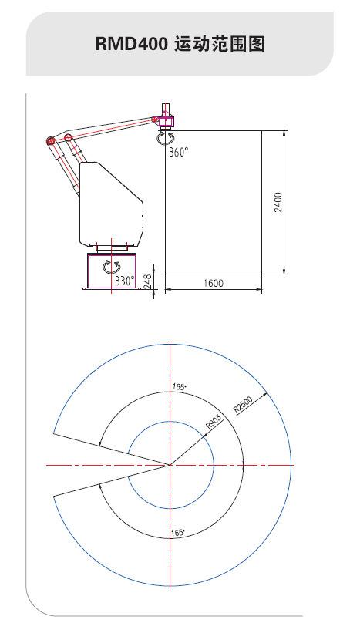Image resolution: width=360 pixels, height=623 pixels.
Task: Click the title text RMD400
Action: pos(131,44)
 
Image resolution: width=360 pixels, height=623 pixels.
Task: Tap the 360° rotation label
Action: pos(178,152)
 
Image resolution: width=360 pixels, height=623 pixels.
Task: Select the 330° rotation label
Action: pos(125,281)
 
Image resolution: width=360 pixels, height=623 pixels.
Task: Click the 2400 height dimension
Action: pos(278,202)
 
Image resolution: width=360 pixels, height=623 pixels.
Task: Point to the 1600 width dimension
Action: pos(214,283)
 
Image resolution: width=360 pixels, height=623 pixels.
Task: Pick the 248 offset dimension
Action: pos(147,281)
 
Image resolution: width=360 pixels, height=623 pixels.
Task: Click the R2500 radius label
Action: pos(243,405)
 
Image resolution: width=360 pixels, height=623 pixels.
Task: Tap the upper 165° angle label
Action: pos(179,386)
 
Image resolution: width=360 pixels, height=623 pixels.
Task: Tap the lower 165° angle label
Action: pos(177,533)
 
